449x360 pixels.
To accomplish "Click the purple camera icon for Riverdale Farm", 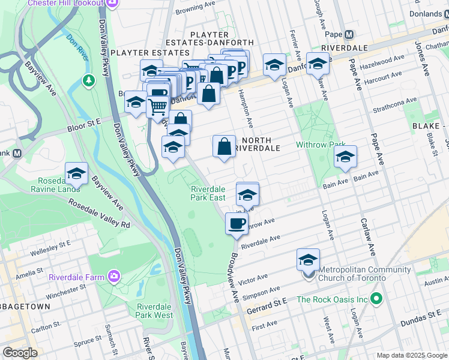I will [113, 276].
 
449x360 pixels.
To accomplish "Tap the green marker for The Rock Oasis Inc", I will [376, 298].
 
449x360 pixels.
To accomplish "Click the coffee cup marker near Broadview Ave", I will [236, 224].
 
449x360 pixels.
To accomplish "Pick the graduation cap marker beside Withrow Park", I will [345, 157].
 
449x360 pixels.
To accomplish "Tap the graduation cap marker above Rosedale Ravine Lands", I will [76, 173].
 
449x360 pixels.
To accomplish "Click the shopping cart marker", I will [157, 107].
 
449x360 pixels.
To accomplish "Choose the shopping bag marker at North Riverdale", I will [224, 146].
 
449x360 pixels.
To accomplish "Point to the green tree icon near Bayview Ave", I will [88, 80].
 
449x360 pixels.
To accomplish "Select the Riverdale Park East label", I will [208, 193].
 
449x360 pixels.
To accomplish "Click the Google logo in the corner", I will [20, 353].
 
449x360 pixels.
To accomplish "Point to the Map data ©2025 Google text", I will [411, 355].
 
